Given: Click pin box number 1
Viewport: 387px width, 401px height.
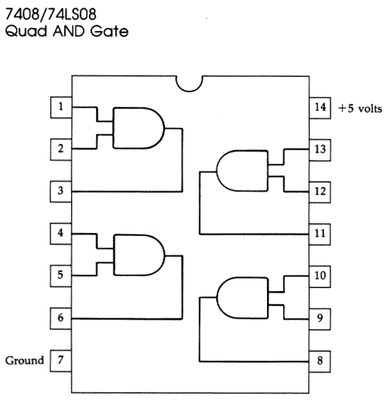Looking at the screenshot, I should (x=61, y=106).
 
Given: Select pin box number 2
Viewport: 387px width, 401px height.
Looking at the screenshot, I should (x=61, y=148).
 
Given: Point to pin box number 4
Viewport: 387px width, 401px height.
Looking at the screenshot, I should (x=61, y=232).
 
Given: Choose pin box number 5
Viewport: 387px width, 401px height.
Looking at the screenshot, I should (x=61, y=274).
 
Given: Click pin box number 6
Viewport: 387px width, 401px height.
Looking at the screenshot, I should (x=61, y=317).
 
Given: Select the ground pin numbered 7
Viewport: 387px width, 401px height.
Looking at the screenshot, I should (x=61, y=360).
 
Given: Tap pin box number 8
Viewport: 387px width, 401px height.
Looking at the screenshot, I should (x=320, y=360).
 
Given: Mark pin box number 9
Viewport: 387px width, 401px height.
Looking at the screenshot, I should (x=320, y=317).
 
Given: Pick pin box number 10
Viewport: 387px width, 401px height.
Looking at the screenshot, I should (x=320, y=275).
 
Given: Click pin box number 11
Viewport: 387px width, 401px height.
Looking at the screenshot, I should (x=320, y=232).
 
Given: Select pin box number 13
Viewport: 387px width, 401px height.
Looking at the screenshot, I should (x=320, y=148).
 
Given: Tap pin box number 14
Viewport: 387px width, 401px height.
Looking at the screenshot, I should (x=320, y=107).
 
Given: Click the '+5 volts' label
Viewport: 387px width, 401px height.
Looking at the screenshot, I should (x=359, y=108).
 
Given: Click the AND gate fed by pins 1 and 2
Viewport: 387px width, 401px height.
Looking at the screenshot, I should (x=139, y=126).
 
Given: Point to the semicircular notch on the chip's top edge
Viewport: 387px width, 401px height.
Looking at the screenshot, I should (x=190, y=82).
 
